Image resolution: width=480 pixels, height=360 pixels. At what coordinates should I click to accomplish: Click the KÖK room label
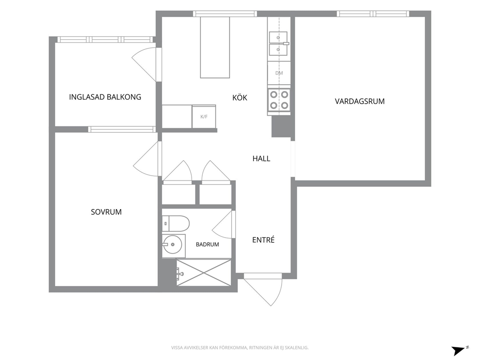click(240, 97)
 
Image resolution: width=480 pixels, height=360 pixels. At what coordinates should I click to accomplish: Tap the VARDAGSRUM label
click(360, 101)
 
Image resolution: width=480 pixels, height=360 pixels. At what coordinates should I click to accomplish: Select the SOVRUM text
click(106, 212)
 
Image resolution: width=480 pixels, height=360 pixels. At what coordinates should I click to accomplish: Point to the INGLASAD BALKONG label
click(105, 97)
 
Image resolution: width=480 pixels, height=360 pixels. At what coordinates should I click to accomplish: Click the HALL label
click(261, 159)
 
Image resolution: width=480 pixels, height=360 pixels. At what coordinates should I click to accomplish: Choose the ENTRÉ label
click(263, 240)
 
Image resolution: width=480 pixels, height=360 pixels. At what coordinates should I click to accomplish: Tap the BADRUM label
click(207, 244)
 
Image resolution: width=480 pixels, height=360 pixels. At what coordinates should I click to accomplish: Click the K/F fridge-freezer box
click(204, 117)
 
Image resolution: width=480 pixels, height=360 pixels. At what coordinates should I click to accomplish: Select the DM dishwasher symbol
click(279, 73)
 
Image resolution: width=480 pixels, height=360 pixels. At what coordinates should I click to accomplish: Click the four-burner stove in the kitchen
click(279, 100)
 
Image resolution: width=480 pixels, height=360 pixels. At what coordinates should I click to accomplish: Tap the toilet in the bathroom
click(176, 224)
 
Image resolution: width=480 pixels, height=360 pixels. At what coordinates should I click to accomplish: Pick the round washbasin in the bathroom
click(172, 244)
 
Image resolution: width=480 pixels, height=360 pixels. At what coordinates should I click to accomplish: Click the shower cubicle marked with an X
click(204, 272)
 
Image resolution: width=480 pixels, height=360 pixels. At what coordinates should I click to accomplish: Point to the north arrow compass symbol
click(460, 350)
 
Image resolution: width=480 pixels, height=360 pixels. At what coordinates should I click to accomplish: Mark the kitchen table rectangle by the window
click(215, 47)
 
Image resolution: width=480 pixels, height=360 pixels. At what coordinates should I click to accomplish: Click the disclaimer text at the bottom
click(240, 348)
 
